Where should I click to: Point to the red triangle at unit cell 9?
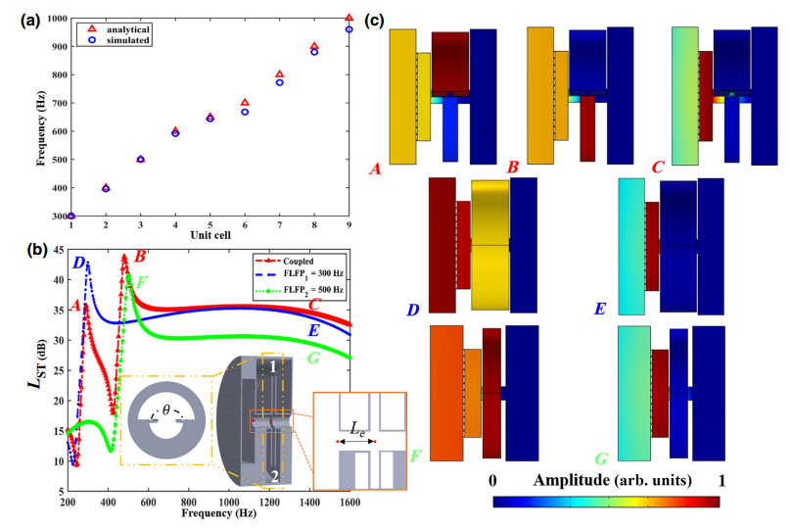(349, 18)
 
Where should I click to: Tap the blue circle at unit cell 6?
(245, 112)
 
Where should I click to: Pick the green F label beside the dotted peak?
(144, 282)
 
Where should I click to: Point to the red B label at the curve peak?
(140, 257)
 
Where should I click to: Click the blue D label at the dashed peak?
(78, 262)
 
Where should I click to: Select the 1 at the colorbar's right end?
(722, 481)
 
